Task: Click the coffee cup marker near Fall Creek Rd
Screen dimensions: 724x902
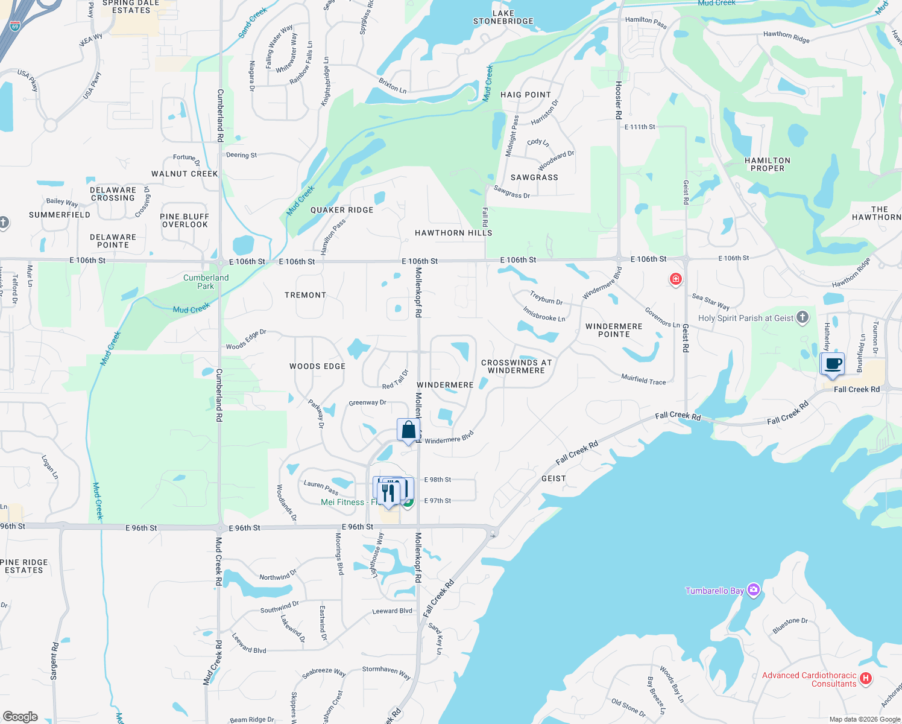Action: (833, 364)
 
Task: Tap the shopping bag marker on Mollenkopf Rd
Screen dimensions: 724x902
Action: (408, 430)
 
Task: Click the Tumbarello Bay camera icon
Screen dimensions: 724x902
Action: (753, 590)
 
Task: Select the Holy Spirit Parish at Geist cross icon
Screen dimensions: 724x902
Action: (802, 317)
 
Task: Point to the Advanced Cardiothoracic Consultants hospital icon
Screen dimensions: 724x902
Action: (866, 679)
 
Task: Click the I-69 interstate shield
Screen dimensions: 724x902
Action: (15, 27)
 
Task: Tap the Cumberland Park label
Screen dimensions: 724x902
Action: (206, 282)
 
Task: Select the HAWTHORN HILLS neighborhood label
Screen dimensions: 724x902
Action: (453, 233)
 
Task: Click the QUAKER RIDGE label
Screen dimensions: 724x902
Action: (342, 210)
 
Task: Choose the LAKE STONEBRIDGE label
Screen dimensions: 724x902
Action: (503, 17)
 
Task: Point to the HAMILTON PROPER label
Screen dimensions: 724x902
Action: (767, 164)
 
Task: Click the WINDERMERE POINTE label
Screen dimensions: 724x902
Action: (614, 330)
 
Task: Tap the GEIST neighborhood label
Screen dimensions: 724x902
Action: (553, 478)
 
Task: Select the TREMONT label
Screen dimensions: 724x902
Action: (305, 295)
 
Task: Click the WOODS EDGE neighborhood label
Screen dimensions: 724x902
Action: (317, 366)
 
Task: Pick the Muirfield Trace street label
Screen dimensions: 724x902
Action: (643, 379)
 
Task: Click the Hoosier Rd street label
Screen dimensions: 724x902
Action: (618, 100)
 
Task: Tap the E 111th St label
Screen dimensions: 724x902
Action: (640, 127)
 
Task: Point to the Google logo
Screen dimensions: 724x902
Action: (20, 716)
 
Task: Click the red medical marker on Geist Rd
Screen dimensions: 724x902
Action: (675, 279)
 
